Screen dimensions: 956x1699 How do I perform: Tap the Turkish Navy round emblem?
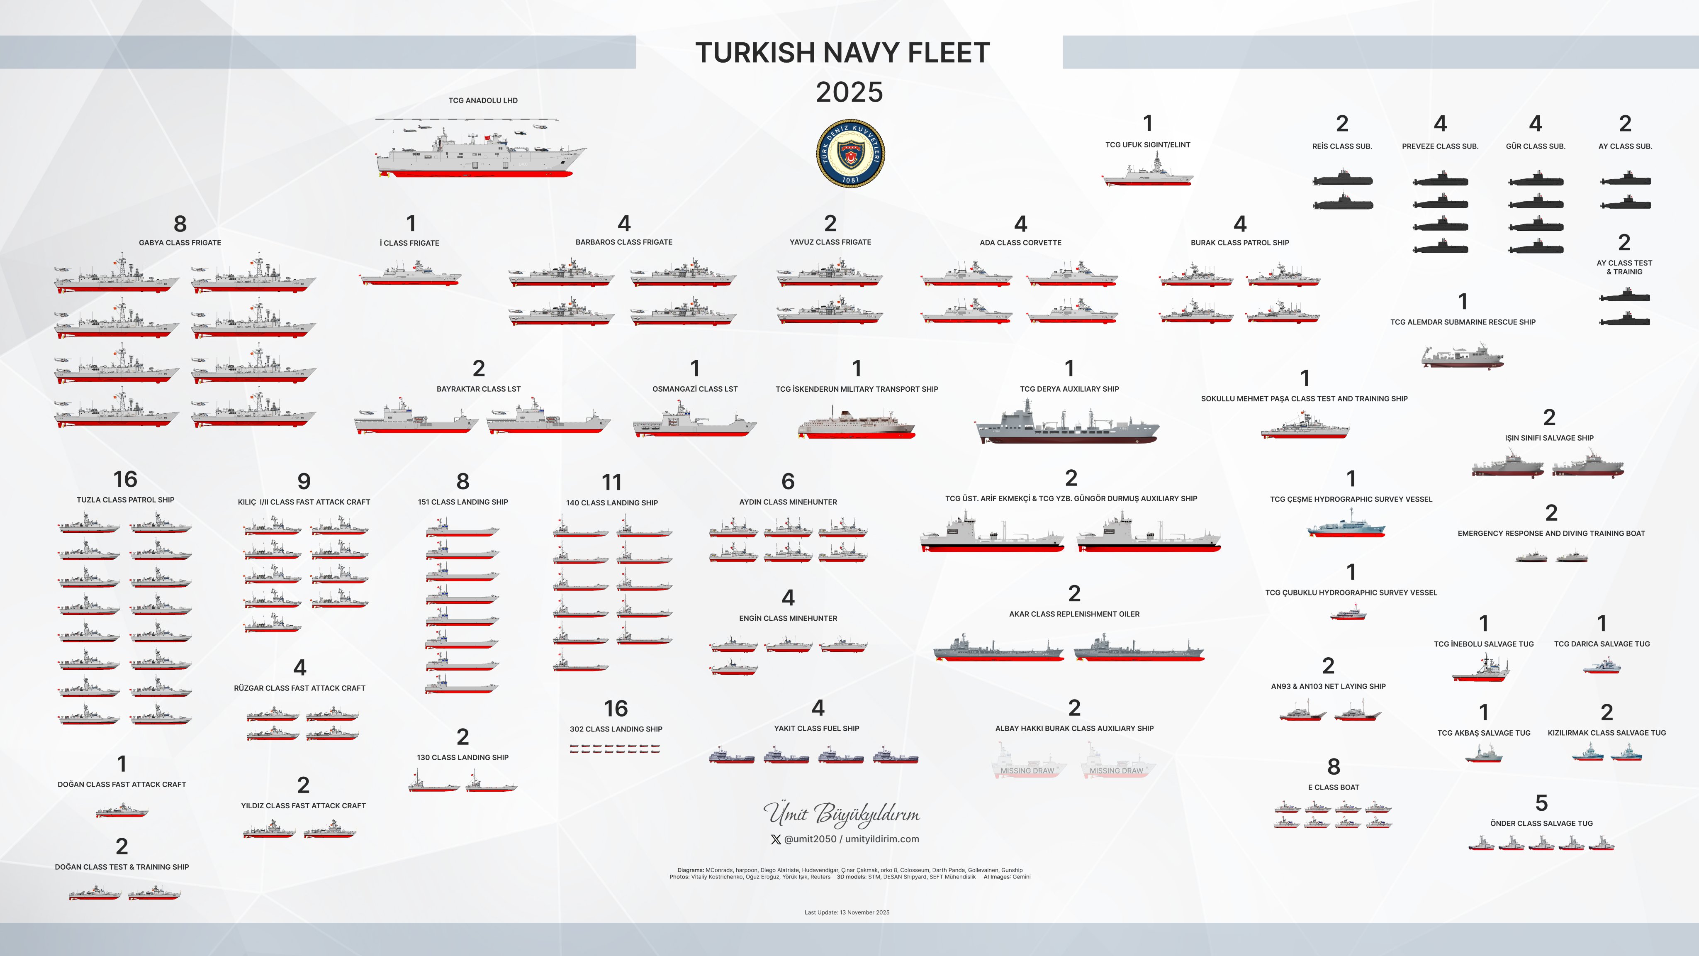[x=850, y=154]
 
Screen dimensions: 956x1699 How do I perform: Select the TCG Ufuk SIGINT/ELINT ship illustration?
[x=1148, y=173]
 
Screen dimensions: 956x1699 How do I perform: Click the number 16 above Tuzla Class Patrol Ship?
[x=125, y=479]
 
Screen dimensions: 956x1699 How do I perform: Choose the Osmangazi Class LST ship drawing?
[x=694, y=420]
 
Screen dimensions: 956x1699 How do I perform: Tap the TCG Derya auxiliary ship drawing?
[x=1067, y=426]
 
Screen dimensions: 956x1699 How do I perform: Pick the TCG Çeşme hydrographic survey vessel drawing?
[x=1346, y=524]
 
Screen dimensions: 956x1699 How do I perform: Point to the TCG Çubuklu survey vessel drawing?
[x=1348, y=614]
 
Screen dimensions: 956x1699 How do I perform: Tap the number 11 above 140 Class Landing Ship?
[x=611, y=482]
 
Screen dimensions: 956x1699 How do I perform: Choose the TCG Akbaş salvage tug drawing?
[x=1483, y=754]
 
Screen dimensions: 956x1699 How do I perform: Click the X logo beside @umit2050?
[x=776, y=839]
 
